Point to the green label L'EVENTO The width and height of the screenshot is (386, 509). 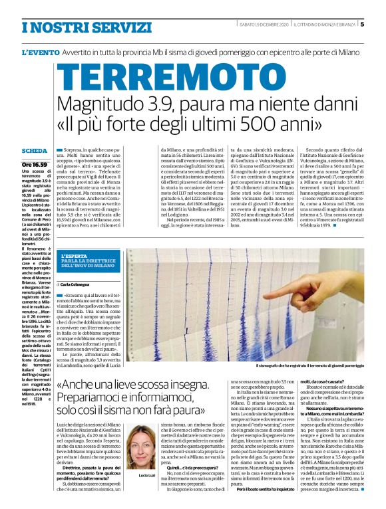(x=41, y=52)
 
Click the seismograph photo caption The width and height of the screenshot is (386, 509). (x=310, y=365)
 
